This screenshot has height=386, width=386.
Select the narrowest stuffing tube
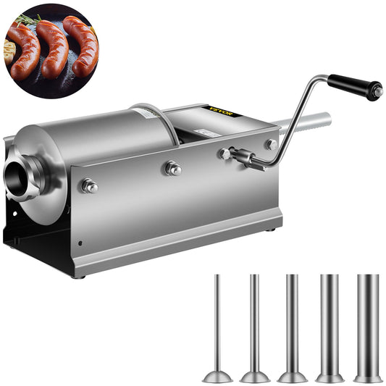pos(217,319)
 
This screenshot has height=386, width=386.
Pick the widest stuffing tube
pos(368,319)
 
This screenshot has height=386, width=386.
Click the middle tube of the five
pos(292,319)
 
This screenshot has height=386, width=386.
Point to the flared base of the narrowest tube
pos(217,376)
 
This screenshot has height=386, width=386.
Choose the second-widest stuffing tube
pos(330,319)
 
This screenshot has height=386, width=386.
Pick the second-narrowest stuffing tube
pos(254,319)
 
